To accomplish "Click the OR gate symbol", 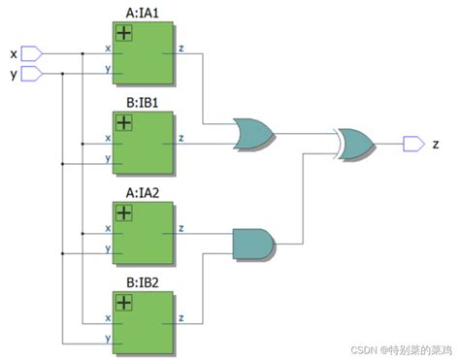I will click(x=253, y=135).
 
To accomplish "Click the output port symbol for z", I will click(x=413, y=144).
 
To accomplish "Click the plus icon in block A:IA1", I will click(x=124, y=33).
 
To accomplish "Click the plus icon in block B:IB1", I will click(x=124, y=122).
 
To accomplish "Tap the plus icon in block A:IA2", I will click(x=124, y=213).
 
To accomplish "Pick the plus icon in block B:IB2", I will click(x=124, y=303).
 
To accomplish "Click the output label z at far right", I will click(x=436, y=144).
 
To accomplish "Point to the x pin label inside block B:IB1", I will click(x=107, y=137).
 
